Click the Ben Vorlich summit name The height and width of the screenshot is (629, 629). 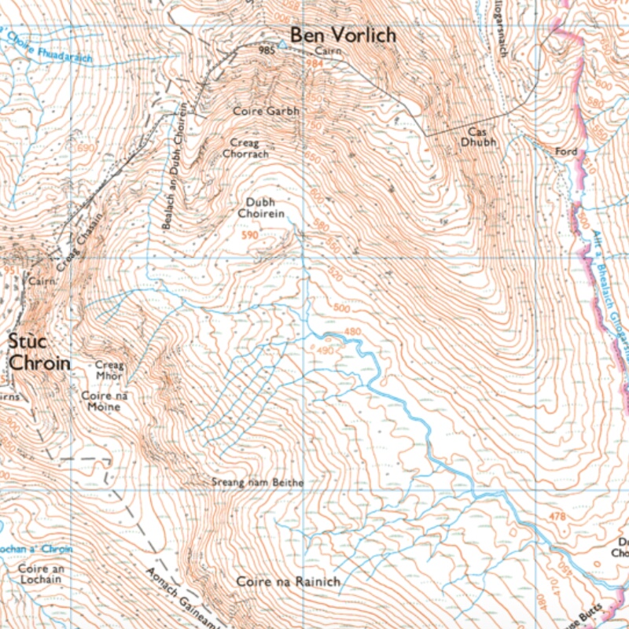(x=343, y=35)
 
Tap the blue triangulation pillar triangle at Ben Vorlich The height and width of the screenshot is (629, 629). (x=281, y=46)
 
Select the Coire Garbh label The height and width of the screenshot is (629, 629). (x=266, y=112)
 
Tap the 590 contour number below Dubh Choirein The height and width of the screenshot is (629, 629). (x=250, y=235)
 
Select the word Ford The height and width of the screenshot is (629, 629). (x=566, y=151)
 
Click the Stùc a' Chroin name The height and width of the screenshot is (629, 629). (x=39, y=352)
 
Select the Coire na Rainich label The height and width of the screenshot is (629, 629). (x=288, y=582)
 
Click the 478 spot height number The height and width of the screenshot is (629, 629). (x=557, y=517)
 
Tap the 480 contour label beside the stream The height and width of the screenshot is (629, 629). (x=352, y=332)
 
